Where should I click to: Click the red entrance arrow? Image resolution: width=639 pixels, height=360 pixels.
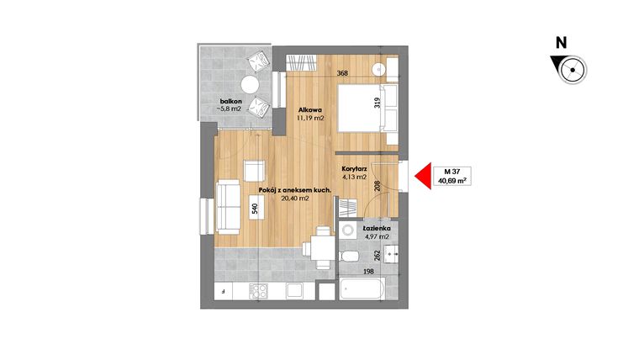[x=420, y=175]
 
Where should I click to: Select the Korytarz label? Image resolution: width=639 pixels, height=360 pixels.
[x=353, y=168]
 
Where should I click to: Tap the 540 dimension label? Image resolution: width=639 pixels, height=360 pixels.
[x=255, y=209]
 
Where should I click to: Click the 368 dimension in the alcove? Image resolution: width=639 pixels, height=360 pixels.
[x=342, y=73]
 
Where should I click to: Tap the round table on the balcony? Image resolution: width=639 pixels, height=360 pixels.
[x=250, y=84]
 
